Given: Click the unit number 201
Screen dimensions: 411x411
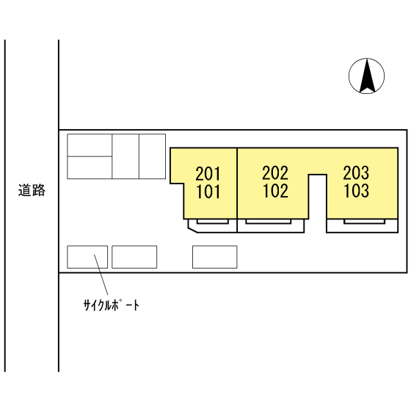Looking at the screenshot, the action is pyautogui.click(x=208, y=174).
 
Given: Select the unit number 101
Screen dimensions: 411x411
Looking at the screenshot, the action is pyautogui.click(x=208, y=192).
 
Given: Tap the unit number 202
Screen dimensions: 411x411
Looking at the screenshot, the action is pyautogui.click(x=275, y=173).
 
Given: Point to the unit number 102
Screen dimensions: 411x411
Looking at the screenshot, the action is pyautogui.click(x=275, y=191).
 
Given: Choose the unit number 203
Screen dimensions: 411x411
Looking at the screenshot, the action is pyautogui.click(x=356, y=173).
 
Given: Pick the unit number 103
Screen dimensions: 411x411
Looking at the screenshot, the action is pyautogui.click(x=357, y=191).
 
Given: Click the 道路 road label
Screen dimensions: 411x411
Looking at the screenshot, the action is pyautogui.click(x=32, y=190).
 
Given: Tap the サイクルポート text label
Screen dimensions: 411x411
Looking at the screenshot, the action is pyautogui.click(x=112, y=305).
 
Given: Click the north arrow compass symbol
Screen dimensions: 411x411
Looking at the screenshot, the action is pyautogui.click(x=367, y=76).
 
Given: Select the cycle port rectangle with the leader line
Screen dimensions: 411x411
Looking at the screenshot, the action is pyautogui.click(x=87, y=257).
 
